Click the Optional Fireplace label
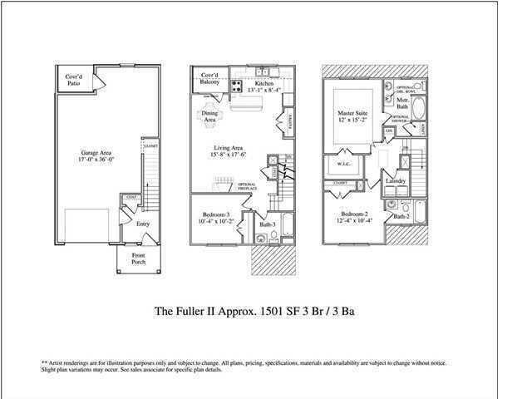[247, 186]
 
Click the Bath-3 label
[266, 224]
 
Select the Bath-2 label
[401, 216]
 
